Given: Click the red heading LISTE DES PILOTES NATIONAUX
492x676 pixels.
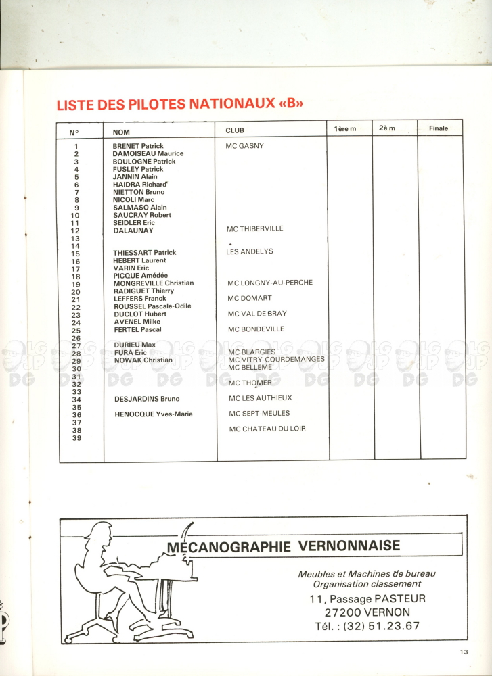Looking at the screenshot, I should point(179,105).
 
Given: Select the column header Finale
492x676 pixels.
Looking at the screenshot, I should point(438,128).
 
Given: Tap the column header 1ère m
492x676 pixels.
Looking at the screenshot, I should point(345,129).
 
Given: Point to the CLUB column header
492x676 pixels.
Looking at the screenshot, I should point(235,130).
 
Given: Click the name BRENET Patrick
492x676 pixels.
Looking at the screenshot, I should point(138,146).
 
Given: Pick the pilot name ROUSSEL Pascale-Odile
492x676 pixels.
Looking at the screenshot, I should point(152,306).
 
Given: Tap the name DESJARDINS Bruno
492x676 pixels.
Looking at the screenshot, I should point(147,399).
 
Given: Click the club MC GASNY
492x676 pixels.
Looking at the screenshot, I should point(245,146).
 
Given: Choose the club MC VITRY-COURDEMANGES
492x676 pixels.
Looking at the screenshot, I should point(276,359).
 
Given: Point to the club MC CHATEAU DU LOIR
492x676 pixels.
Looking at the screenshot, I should point(267,429).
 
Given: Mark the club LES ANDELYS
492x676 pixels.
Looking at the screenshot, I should point(250,251).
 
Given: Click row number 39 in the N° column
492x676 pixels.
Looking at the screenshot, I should point(76,437).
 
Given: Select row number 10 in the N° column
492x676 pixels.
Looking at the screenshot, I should point(75,215).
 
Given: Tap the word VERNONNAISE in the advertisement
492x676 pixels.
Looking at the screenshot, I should point(351,546).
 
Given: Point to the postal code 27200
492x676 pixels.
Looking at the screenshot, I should point(345,612).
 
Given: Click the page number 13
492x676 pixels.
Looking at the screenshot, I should point(462,652).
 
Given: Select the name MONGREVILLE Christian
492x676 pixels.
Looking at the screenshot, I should point(154,283).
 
